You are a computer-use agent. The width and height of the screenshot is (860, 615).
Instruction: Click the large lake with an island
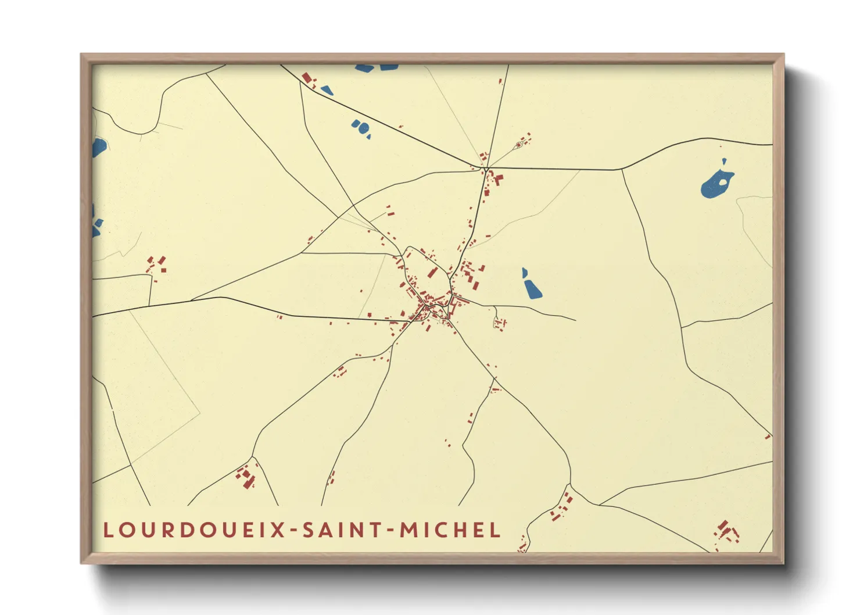click(716, 184)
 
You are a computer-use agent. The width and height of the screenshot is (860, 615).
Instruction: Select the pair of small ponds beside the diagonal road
click(360, 127)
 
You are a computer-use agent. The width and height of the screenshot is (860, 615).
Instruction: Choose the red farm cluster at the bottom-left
click(246, 476)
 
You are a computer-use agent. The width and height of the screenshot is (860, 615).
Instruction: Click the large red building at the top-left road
click(306, 78)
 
